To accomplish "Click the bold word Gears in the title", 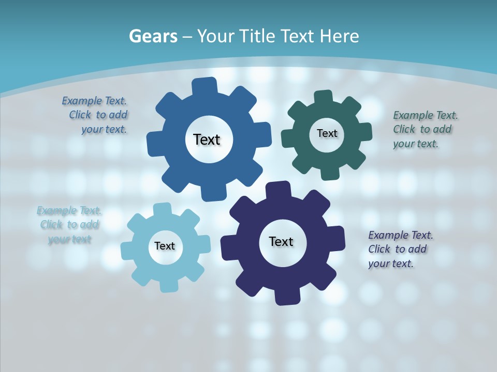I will (x=152, y=36).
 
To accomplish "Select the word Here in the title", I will (x=340, y=36).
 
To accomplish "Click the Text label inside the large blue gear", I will (x=207, y=139).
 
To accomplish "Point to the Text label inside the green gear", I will (x=327, y=133).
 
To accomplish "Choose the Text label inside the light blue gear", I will (x=165, y=246).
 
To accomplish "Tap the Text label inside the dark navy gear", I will (x=281, y=241).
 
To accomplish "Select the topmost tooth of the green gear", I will (x=323, y=97).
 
